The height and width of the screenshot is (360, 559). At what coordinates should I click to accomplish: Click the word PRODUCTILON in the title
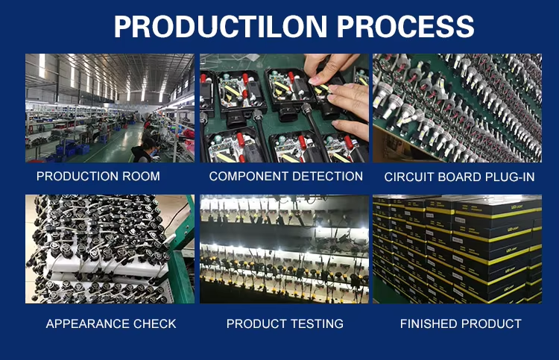(x=220, y=26)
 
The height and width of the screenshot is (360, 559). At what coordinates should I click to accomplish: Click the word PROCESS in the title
(x=405, y=26)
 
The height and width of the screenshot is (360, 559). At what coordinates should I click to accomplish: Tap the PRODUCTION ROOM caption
(x=98, y=176)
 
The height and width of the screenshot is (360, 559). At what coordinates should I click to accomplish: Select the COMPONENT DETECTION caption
(x=286, y=176)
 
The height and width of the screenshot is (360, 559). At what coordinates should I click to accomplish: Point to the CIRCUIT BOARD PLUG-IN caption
(x=459, y=177)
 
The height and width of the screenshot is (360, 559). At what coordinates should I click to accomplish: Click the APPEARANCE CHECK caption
(x=111, y=323)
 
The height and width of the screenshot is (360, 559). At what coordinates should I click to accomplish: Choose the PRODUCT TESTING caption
(x=285, y=323)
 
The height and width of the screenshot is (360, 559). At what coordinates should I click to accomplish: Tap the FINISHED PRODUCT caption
(x=461, y=323)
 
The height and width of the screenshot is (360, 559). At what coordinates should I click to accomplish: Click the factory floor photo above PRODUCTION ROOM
(x=110, y=108)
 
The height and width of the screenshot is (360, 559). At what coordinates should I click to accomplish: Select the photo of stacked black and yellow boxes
(x=457, y=249)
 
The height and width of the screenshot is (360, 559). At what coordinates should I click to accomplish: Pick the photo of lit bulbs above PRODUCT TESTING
(x=284, y=249)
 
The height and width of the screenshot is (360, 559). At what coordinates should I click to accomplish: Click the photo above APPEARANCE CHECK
(x=110, y=249)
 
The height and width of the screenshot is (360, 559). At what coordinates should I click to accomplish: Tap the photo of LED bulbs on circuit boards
(x=457, y=108)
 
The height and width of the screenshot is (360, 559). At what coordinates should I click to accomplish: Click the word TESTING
(x=318, y=323)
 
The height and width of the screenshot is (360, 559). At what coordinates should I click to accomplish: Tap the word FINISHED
(x=427, y=323)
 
